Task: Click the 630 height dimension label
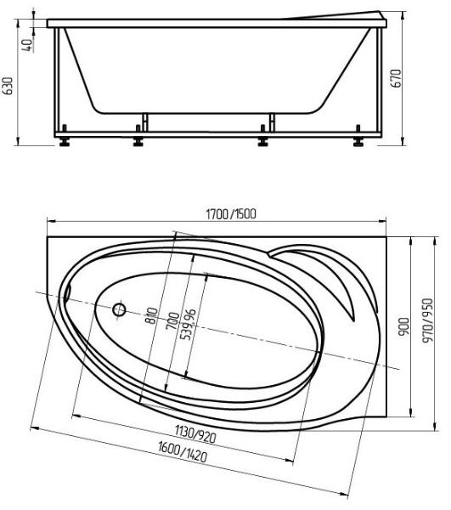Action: coord(8,86)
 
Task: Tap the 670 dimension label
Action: coord(396,78)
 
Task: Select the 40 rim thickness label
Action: coord(28,45)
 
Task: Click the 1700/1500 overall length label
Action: coord(231,213)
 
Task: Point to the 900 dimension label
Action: coord(403,326)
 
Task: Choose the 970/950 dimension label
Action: coord(428,320)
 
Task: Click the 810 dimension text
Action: coord(152,315)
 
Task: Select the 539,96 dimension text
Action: coord(189,325)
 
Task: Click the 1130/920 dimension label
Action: coord(195,433)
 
